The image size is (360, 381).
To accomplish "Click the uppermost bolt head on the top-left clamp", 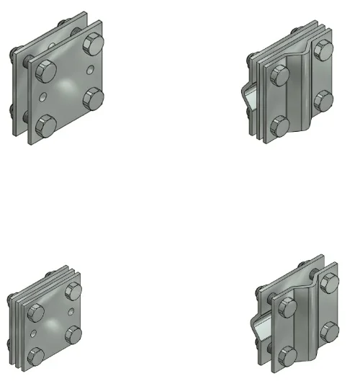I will coord(94,44).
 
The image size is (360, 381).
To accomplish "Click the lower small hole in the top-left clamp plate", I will coord(45,94).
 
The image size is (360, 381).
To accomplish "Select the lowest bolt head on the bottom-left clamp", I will coord(34,357).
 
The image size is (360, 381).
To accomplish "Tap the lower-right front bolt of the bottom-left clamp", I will coord(73,333).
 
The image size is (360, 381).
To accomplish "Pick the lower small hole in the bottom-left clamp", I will coord(35,331).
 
